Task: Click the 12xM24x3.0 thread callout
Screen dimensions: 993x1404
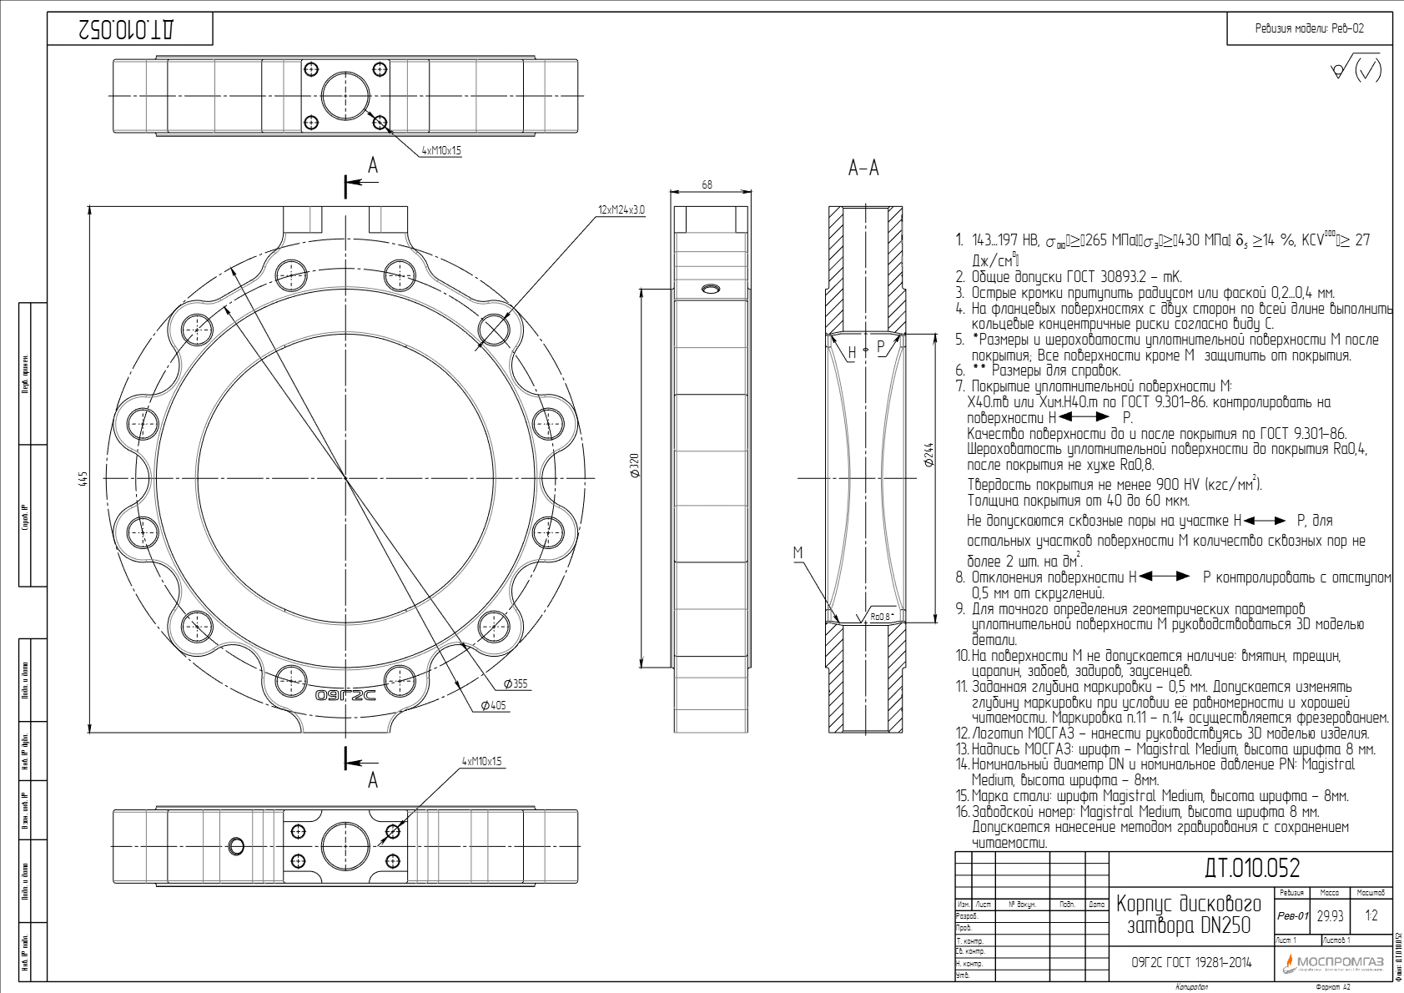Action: [621, 209]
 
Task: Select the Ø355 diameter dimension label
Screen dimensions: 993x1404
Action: [516, 683]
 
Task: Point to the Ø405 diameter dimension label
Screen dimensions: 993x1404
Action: [493, 705]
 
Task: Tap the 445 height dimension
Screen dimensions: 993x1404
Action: [82, 478]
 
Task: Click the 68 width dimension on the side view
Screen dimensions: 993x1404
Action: [707, 184]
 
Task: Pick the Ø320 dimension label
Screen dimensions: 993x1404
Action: [634, 466]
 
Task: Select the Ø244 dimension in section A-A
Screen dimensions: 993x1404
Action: [928, 455]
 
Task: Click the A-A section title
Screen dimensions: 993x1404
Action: [863, 169]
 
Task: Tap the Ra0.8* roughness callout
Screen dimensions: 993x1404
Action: [881, 617]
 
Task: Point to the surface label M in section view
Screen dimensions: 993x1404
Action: [798, 552]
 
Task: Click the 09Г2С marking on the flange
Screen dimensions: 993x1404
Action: [345, 694]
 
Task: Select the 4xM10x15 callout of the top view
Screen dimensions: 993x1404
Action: [440, 151]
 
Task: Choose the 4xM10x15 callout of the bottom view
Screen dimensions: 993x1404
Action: [481, 761]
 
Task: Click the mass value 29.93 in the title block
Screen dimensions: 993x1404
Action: [1330, 915]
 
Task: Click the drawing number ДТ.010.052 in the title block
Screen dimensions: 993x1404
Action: [1251, 869]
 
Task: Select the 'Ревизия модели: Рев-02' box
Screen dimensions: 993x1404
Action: [1309, 28]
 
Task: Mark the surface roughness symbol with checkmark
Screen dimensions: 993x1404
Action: [1356, 68]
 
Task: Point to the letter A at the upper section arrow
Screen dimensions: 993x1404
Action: [373, 165]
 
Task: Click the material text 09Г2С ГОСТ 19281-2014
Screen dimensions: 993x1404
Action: [1191, 962]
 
